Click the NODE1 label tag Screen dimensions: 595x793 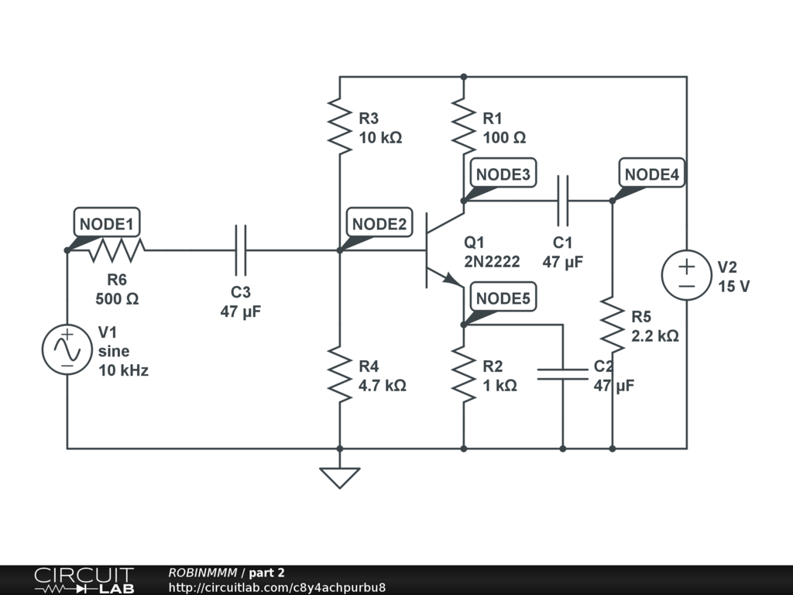point(108,224)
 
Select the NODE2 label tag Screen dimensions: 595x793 point(379,224)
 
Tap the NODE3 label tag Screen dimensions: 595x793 point(503,174)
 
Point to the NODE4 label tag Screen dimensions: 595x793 point(651,174)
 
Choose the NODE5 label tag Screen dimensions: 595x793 point(503,298)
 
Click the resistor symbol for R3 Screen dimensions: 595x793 point(340,126)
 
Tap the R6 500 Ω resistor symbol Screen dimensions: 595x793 point(116,250)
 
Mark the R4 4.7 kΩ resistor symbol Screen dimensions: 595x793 point(340,374)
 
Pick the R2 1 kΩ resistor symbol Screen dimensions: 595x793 point(463,374)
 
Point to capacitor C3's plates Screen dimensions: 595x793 point(241,250)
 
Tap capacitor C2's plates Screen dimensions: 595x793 point(563,374)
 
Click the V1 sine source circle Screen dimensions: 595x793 point(67,349)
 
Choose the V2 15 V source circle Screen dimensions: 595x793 point(687,275)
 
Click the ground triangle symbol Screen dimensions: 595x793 point(340,476)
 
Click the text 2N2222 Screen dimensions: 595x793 point(493,262)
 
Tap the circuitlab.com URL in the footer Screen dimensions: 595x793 point(276,587)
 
